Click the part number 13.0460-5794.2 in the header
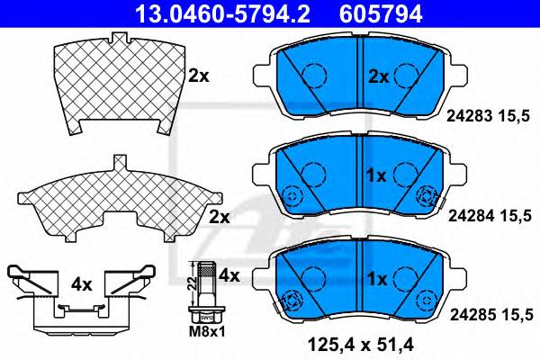click(x=222, y=14)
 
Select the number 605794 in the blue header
click(x=381, y=14)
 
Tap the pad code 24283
click(x=470, y=116)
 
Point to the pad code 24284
click(x=471, y=216)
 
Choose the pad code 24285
click(x=473, y=314)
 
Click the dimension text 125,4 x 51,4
click(x=361, y=345)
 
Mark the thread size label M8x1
click(x=207, y=332)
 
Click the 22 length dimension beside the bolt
click(x=193, y=283)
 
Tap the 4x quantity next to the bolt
click(x=229, y=275)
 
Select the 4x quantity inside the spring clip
click(x=82, y=284)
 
